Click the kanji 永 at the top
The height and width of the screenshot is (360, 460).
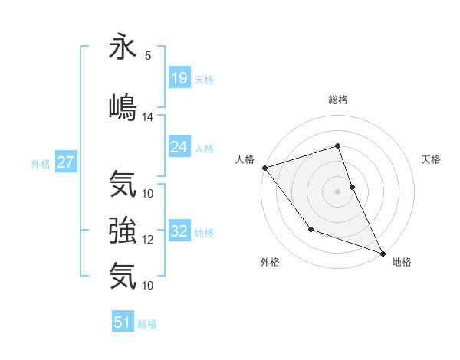123,47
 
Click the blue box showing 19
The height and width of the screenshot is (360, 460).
179,78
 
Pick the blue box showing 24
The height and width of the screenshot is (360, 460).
179,147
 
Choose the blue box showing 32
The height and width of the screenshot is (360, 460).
179,232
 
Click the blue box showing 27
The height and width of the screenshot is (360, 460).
65,162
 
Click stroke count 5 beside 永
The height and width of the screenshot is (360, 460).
147,56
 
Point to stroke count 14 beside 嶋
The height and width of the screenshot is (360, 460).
148,117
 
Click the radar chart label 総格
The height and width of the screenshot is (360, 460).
338,100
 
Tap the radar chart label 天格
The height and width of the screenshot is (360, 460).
432,159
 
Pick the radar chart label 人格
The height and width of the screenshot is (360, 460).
245,159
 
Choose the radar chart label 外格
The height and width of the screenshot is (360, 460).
270,263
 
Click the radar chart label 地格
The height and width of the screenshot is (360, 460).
402,263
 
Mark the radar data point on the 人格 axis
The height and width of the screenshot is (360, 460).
264,168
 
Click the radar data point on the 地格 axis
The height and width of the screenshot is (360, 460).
383,253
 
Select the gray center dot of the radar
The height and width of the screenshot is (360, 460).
338,191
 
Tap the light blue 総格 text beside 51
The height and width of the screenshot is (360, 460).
147,323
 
